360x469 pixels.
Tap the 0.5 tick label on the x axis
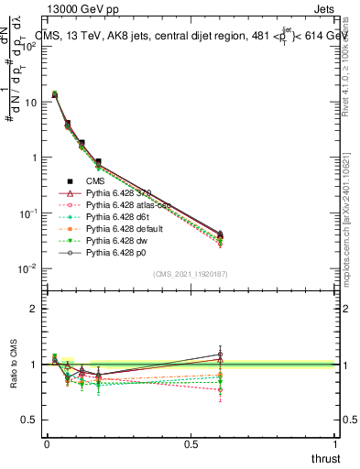191,442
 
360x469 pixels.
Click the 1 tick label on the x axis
335,442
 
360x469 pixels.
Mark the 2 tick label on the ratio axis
34,309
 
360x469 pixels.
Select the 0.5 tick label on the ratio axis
29,420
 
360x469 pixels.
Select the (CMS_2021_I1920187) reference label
191,275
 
